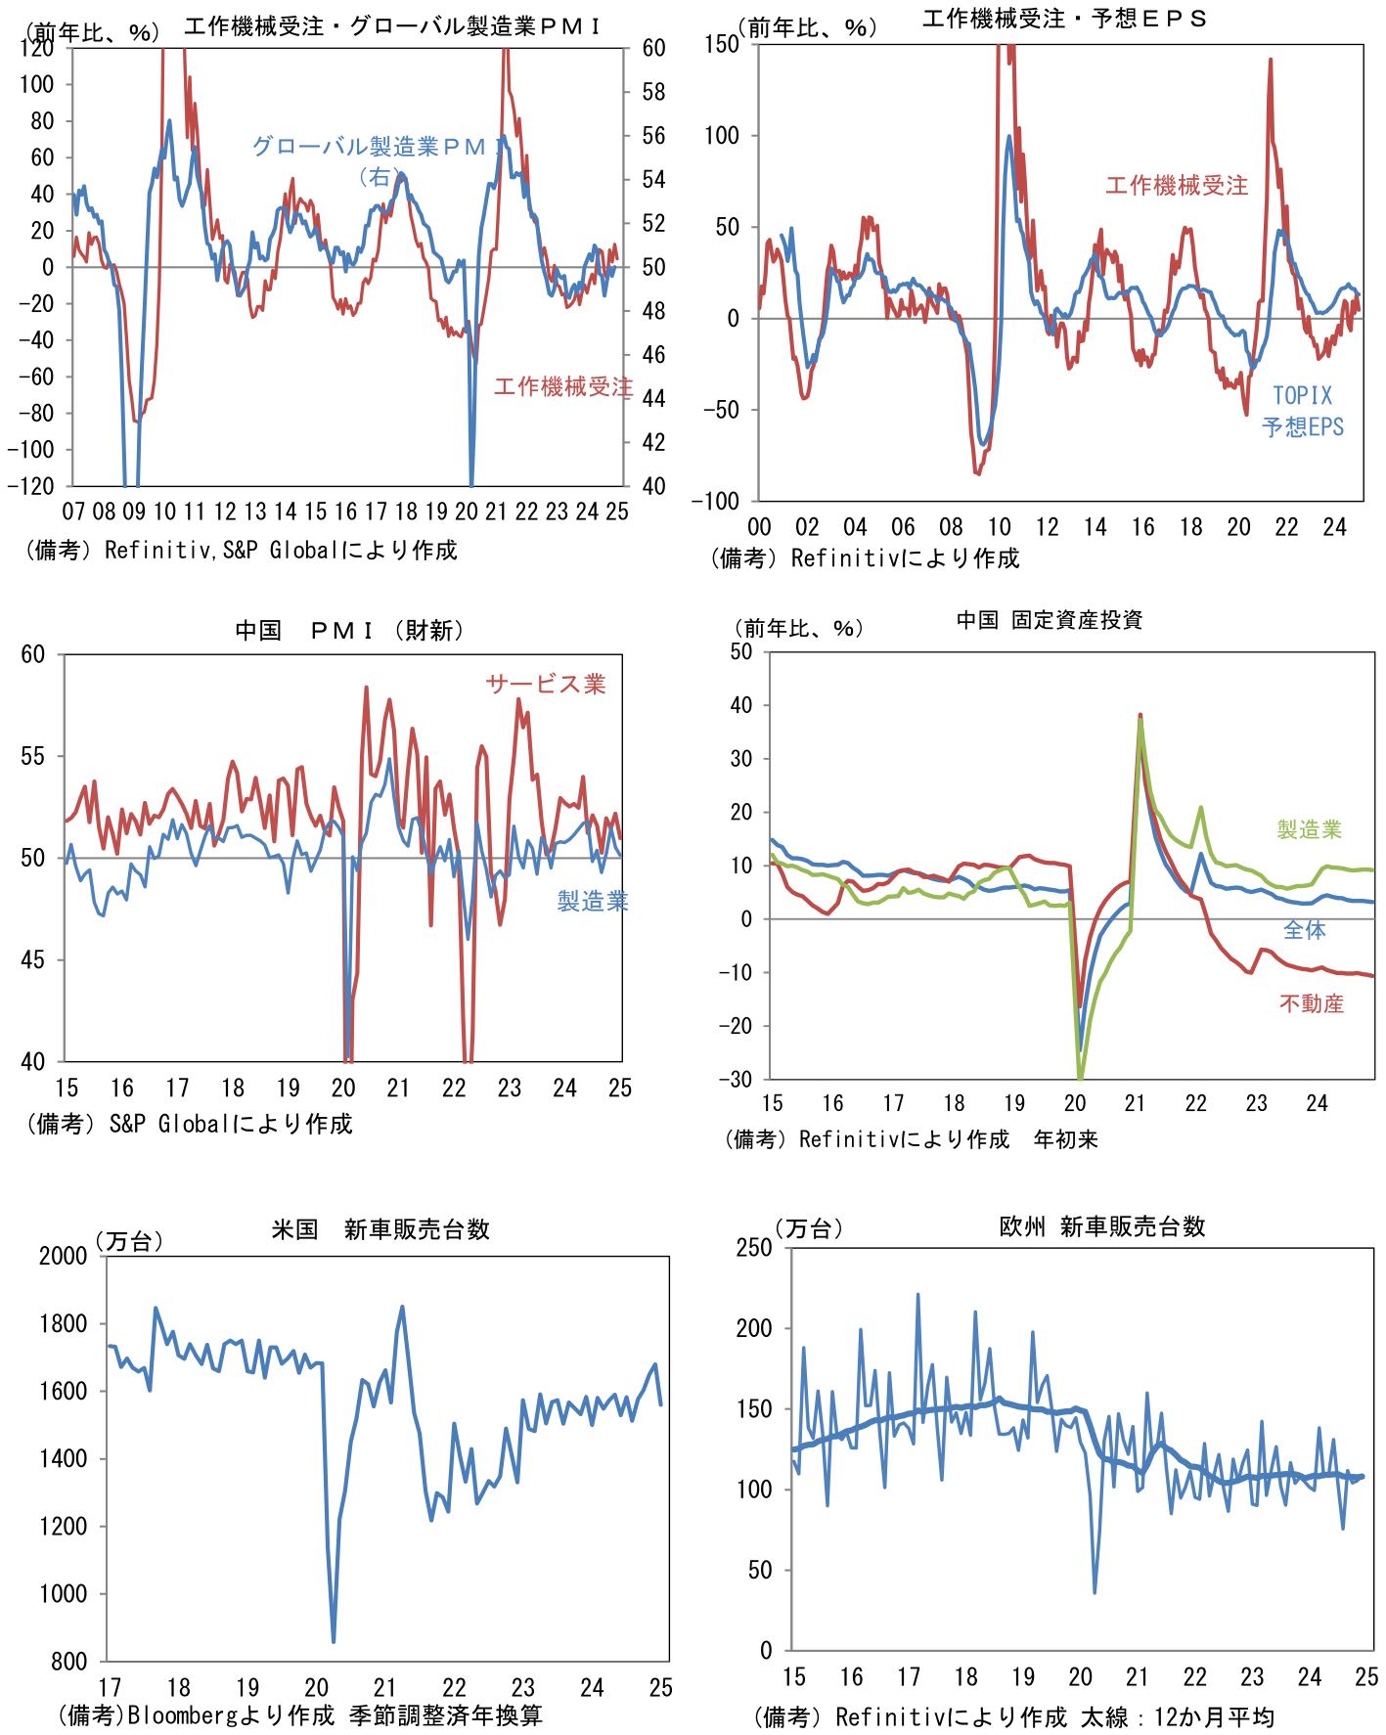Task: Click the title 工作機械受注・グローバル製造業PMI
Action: pos(391,26)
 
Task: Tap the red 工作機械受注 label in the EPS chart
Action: pos(1176,186)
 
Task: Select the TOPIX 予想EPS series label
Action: pos(1302,412)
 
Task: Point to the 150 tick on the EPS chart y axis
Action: pos(721,44)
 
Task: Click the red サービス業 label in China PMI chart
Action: pos(545,685)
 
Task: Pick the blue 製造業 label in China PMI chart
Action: pos(592,901)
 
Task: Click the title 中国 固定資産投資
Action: pos(1049,620)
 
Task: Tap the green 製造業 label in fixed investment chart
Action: pos(1309,829)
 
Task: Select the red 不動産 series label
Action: pos(1311,1003)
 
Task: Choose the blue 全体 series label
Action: pos(1304,930)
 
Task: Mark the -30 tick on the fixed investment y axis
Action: pos(736,1080)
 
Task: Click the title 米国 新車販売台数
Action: pos(380,1229)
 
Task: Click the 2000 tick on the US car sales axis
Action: pos(64,1256)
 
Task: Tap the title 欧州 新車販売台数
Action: pos(1101,1227)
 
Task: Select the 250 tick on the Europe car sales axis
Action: pos(754,1248)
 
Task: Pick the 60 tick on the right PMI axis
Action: pos(653,48)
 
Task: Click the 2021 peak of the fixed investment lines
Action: pos(1140,716)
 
